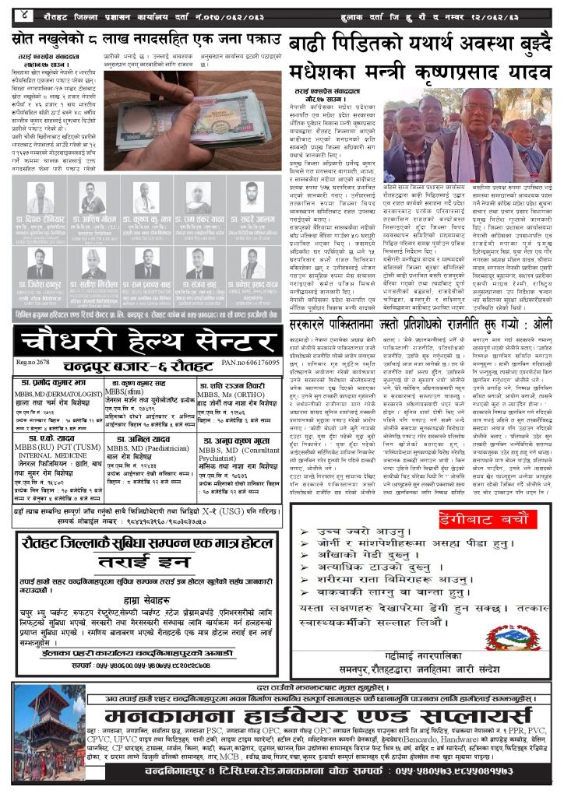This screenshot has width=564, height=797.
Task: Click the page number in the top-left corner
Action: (x=24, y=14)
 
